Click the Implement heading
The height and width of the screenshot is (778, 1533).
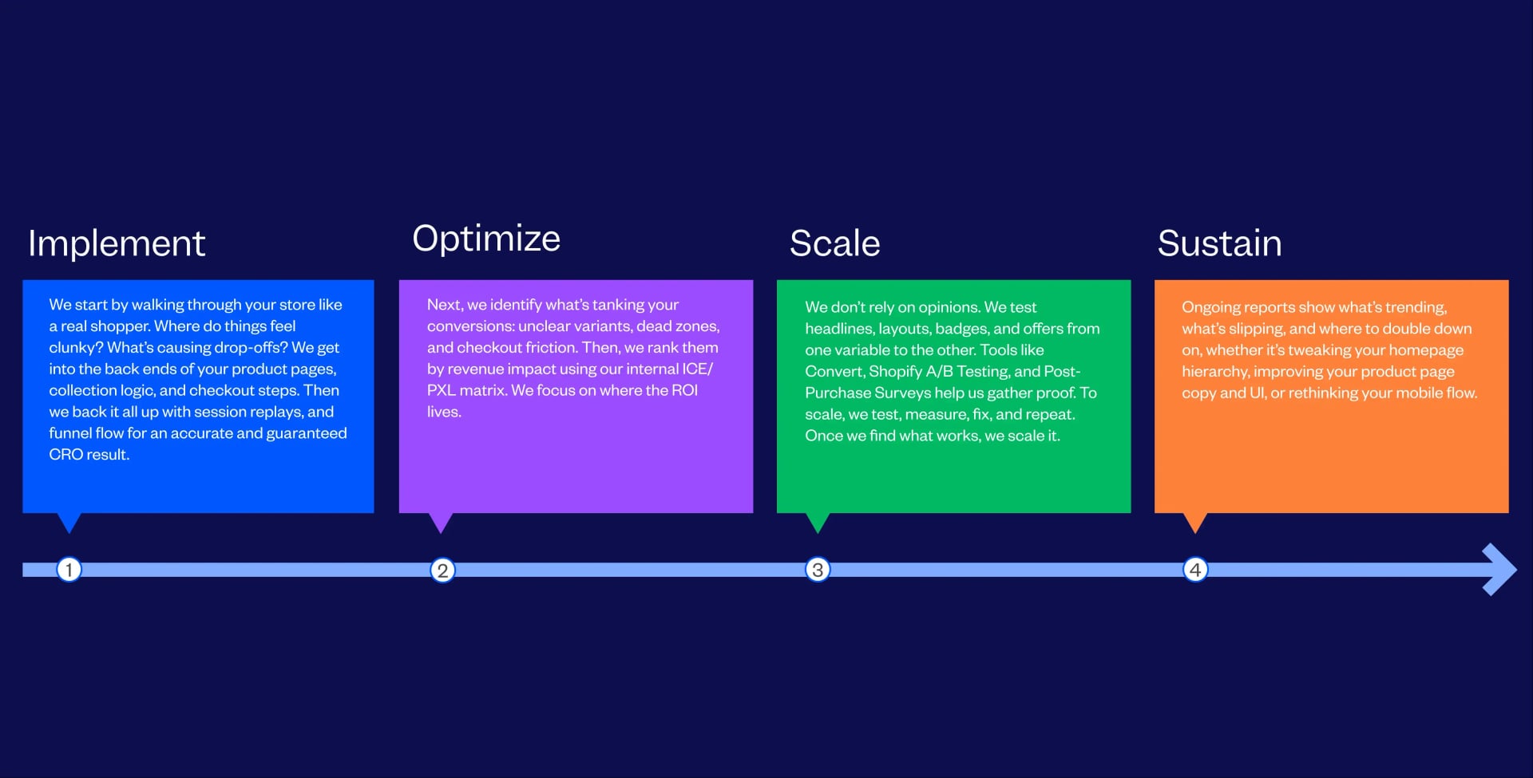point(117,243)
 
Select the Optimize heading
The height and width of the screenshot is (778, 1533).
point(486,239)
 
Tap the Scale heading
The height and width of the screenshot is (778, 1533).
point(834,243)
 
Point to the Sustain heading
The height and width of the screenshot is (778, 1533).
point(1219,243)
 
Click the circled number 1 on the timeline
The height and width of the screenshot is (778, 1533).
point(69,570)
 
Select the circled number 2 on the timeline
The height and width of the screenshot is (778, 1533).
point(442,571)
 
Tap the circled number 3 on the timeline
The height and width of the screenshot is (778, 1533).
point(818,570)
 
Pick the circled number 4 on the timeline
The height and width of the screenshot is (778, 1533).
point(1195,570)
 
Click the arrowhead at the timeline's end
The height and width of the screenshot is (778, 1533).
point(1499,570)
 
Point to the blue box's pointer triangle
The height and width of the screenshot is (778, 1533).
point(69,522)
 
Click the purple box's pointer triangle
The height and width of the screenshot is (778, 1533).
point(441,522)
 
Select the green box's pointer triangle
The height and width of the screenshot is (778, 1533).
point(818,522)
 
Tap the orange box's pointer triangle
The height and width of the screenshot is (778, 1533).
point(1194,522)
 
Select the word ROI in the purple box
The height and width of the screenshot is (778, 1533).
point(684,390)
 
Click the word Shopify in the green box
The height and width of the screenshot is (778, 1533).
point(895,372)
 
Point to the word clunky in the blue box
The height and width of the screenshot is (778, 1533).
point(72,348)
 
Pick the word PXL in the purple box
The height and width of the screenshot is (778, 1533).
point(441,390)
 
